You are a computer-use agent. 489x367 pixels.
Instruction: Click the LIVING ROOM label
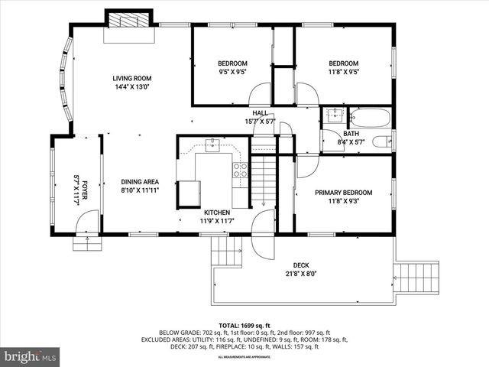pos(131,78)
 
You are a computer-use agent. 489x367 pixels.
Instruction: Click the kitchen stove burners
pos(240,169)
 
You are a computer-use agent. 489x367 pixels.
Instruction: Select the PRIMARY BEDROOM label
pos(343,193)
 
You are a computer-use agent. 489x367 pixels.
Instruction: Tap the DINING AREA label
pos(140,181)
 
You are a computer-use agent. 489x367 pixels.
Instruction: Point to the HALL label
pos(260,113)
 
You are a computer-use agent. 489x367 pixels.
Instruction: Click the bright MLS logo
pos(31,356)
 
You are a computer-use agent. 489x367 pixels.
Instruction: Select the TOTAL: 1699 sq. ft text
pos(244,325)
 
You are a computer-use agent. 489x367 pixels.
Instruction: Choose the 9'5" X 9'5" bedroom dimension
pos(232,73)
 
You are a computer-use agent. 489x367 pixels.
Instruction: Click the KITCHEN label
pos(216,212)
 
